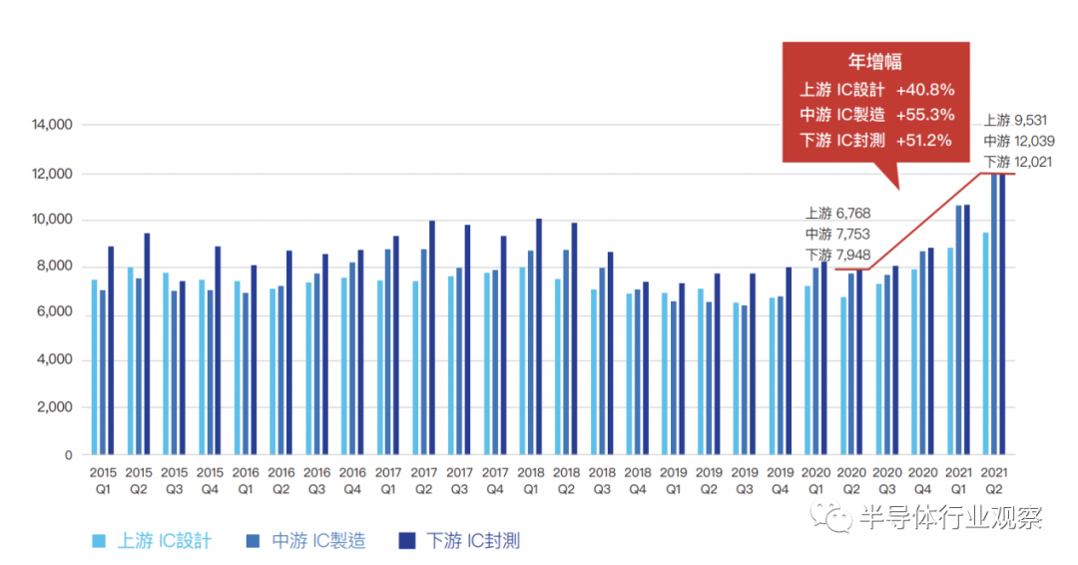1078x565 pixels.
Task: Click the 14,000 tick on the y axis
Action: pos(52,126)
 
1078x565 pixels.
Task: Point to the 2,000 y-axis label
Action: pos(55,407)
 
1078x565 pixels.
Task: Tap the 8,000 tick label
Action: pos(55,267)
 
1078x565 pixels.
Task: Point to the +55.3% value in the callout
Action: pos(924,114)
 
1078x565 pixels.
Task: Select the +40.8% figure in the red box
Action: pos(924,89)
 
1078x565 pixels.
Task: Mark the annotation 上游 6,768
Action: pos(837,213)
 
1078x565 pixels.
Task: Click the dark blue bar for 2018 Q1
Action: pos(539,336)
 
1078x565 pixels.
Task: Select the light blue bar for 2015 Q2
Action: pos(130,360)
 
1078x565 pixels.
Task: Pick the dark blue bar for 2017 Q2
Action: pos(432,337)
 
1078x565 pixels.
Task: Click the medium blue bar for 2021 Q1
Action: pos(959,329)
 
